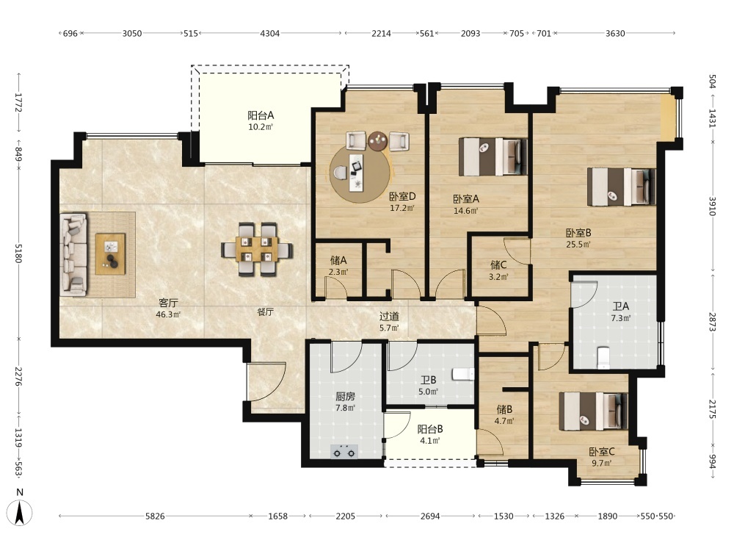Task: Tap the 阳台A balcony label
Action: tap(261, 115)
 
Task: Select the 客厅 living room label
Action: tap(168, 303)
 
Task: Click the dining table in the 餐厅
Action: tap(256, 249)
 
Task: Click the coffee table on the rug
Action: tap(111, 253)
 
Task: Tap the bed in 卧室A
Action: tap(493, 156)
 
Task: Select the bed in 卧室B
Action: tap(621, 187)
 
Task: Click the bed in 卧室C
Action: tap(593, 411)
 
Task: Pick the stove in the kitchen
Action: tap(344, 452)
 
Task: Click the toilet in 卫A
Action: tap(604, 357)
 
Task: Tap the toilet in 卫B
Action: tap(463, 374)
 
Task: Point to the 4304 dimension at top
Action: tap(269, 33)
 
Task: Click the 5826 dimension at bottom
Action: tap(155, 516)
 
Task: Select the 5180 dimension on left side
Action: tap(18, 253)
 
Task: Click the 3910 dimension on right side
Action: tap(712, 206)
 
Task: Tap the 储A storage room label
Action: tap(338, 260)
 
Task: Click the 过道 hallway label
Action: tap(389, 316)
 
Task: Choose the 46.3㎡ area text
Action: tap(168, 314)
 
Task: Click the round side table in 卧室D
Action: tap(377, 141)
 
